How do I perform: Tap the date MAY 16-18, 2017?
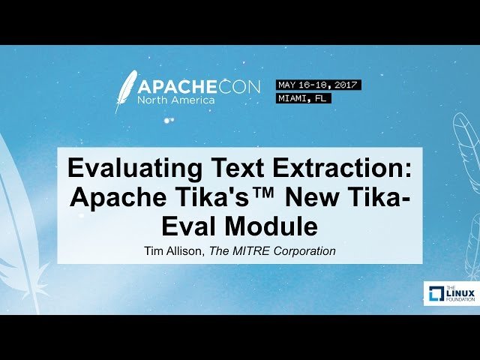pos(319,85)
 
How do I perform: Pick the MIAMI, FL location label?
pos(303,98)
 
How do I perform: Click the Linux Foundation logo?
pos(446,293)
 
